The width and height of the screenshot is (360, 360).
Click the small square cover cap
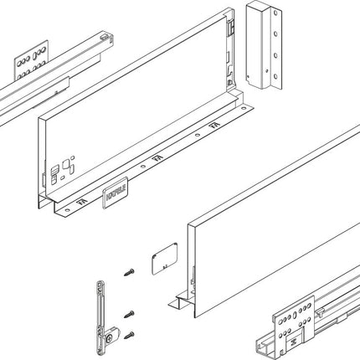point(161,261)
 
